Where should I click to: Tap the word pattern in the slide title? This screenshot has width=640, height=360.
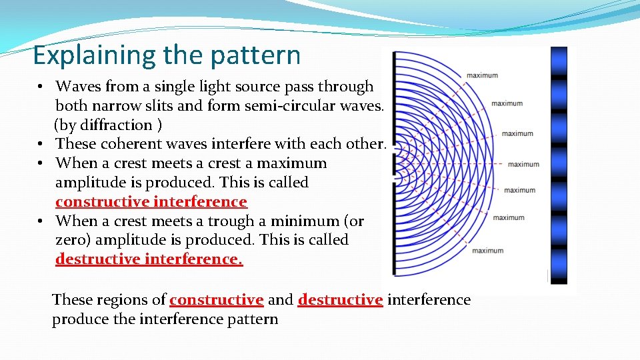[x=257, y=55]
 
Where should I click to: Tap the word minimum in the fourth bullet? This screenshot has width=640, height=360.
[x=309, y=221]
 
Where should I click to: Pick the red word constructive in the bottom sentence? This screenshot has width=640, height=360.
[x=217, y=300]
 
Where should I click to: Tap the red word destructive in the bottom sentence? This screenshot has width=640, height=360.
[x=340, y=300]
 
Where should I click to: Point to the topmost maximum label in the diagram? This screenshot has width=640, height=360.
[x=482, y=75]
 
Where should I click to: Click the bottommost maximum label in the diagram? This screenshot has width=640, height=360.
[x=487, y=251]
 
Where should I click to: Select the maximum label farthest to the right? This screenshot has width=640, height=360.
[x=523, y=164]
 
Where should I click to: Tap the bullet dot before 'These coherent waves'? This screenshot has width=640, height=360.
[x=41, y=144]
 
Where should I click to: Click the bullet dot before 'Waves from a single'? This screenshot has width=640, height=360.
[x=41, y=87]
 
